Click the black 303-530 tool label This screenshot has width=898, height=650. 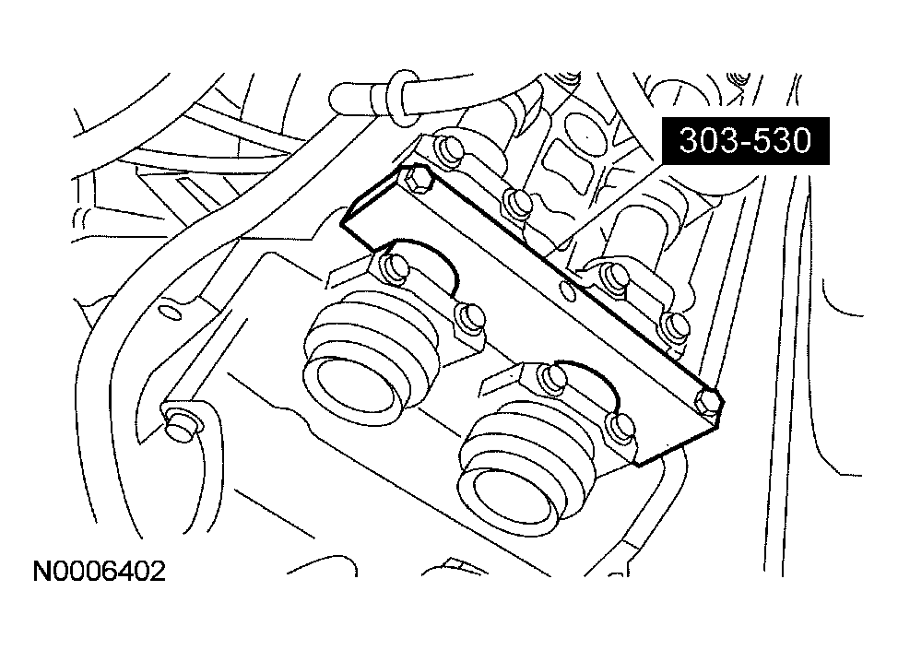745,141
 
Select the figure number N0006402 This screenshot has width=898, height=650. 100,572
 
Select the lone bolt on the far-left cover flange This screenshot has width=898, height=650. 181,424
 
